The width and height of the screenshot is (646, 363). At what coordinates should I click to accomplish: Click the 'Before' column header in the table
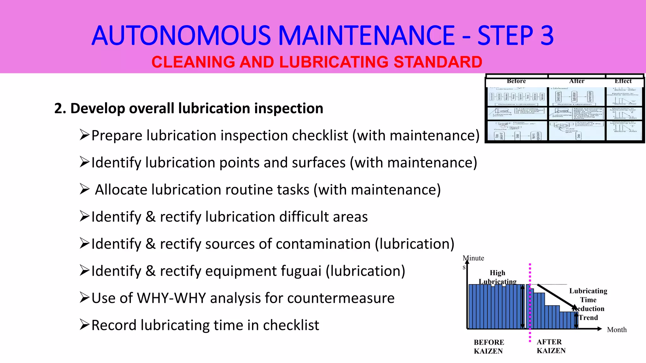(x=516, y=81)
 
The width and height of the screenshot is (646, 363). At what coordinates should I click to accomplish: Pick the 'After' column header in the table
(x=577, y=81)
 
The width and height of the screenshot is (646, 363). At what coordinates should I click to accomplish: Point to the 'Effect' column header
(x=623, y=81)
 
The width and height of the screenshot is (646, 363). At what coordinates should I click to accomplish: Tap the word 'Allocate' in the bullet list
(x=121, y=190)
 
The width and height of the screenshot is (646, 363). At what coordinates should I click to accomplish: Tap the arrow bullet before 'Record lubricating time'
(x=85, y=324)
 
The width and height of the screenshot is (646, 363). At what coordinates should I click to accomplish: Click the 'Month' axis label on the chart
(x=617, y=330)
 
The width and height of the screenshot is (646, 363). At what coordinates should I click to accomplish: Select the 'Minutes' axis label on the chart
(x=473, y=259)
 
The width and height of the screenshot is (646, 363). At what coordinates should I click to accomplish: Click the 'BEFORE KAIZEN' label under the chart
(x=489, y=347)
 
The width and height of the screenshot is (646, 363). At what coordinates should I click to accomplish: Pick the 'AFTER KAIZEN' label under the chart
(x=551, y=346)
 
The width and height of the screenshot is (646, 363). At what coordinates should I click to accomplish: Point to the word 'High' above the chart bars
(x=497, y=273)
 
